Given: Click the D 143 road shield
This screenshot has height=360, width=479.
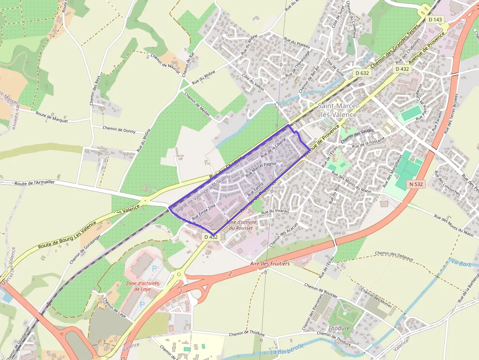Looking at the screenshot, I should [x=435, y=20].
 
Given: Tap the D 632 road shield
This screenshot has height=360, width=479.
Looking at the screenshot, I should [x=362, y=73].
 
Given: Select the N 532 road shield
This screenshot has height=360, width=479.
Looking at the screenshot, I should [x=415, y=184].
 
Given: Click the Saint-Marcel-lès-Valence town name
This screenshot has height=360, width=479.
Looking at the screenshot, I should [x=338, y=110].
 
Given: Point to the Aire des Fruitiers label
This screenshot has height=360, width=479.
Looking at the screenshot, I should [x=270, y=264].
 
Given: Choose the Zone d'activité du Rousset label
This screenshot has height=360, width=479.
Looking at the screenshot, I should [x=240, y=225].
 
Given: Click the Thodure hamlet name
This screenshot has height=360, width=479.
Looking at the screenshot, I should [x=339, y=328].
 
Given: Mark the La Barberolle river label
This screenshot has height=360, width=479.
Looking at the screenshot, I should [x=287, y=349].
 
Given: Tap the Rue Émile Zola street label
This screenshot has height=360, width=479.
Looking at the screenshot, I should [x=203, y=211].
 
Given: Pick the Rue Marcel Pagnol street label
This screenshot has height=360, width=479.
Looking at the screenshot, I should [x=258, y=170].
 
